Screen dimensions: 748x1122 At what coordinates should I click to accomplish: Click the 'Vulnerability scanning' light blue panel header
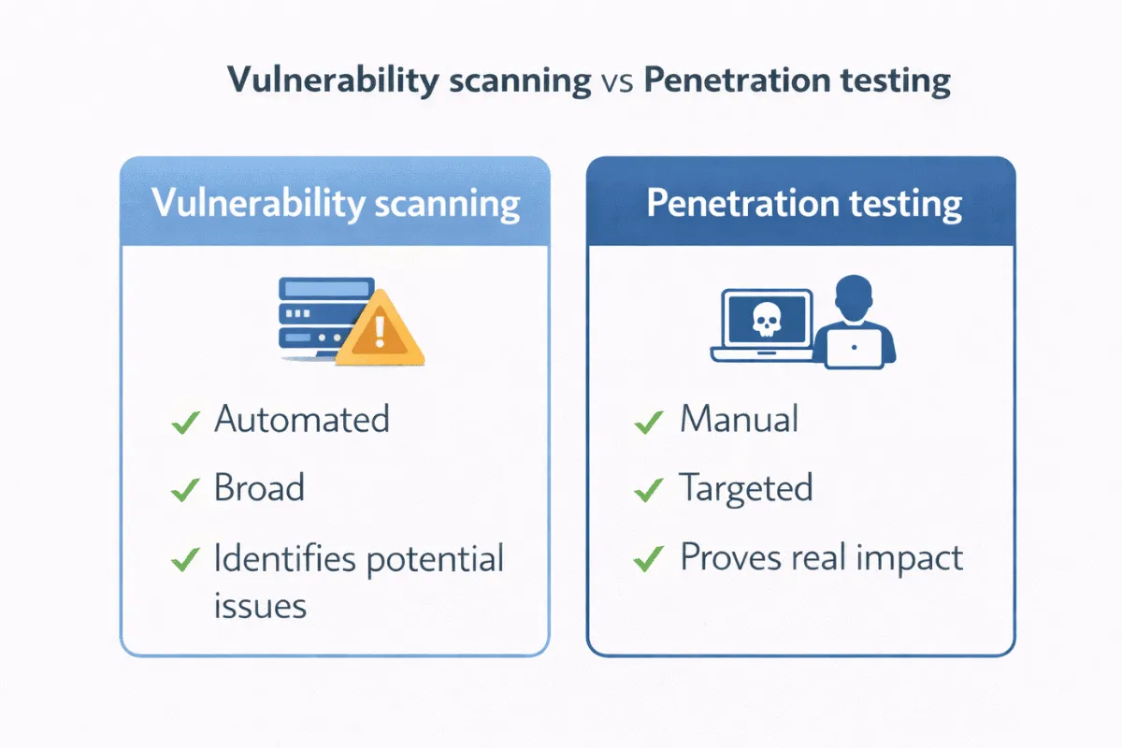[335, 203]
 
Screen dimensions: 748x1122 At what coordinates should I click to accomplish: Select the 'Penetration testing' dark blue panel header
[800, 203]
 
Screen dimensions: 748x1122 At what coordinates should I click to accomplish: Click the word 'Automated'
[301, 419]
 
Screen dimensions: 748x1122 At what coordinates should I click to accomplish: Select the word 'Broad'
[259, 488]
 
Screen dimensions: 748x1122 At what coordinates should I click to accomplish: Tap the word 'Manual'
[739, 419]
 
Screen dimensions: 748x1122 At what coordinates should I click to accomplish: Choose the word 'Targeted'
[745, 488]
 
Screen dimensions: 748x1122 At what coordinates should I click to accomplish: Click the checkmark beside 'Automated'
[185, 423]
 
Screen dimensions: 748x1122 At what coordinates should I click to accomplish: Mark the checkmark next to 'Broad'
[185, 489]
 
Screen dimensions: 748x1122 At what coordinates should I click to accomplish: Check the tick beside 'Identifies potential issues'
[185, 560]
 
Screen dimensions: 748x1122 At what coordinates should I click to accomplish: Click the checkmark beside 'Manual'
[647, 423]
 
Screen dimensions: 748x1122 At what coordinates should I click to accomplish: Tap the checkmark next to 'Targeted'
[647, 489]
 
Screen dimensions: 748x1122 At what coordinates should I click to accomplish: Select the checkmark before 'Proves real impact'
[647, 560]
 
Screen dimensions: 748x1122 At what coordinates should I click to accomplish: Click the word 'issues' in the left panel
[260, 606]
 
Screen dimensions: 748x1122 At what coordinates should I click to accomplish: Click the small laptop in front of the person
[854, 348]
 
